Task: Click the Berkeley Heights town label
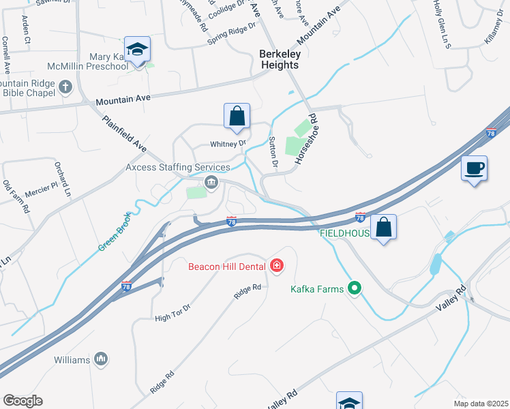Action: click(280, 59)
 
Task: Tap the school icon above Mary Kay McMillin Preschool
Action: click(138, 50)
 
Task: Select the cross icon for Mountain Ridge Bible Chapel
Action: click(65, 87)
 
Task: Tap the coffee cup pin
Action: click(474, 168)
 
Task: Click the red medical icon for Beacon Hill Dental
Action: click(277, 265)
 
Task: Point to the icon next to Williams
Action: click(101, 359)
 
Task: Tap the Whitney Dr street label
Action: click(228, 144)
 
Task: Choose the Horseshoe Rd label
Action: click(307, 138)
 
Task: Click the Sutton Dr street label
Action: click(274, 151)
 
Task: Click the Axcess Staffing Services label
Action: click(178, 167)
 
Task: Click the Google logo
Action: click(22, 401)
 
